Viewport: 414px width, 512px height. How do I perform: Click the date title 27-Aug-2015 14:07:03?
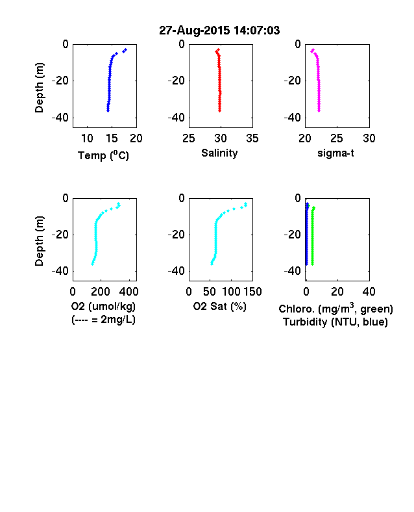219,31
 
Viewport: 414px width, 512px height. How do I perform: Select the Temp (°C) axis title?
103,155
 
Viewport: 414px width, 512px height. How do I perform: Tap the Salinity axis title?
219,153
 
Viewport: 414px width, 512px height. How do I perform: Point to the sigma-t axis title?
335,153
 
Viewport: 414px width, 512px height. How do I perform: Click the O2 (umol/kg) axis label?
103,306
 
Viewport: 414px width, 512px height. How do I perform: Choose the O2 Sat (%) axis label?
219,306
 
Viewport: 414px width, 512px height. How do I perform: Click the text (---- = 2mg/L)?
103,319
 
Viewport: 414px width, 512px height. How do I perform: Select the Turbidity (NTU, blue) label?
335,322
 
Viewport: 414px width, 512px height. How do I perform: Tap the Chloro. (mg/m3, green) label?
335,308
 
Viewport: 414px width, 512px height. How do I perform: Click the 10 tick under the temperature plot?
87,138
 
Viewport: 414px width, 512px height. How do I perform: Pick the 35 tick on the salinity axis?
252,138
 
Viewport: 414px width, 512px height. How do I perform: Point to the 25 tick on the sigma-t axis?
336,138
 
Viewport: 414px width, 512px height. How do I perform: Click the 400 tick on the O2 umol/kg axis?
129,292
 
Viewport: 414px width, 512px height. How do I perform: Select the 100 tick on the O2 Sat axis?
231,292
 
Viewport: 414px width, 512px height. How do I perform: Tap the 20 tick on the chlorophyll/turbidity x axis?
337,292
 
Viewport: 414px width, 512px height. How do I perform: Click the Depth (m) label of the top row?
39,88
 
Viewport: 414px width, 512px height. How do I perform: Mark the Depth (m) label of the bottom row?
39,241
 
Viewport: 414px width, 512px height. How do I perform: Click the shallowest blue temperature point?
125,49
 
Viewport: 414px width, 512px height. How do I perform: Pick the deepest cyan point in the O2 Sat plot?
212,264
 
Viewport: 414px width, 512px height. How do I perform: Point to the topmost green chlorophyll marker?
314,208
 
